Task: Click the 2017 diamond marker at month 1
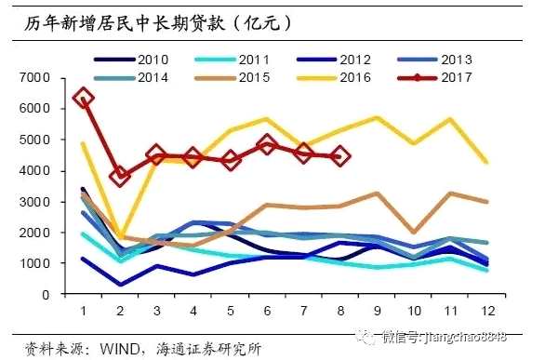[83, 97]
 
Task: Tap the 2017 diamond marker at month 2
[120, 176]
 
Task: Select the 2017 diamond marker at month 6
[267, 144]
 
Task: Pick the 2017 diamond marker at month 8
[340, 156]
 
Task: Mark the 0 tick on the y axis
[50, 295]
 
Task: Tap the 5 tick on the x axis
[230, 310]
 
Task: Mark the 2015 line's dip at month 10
[413, 232]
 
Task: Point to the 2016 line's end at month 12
[486, 163]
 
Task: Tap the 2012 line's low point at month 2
[120, 284]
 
